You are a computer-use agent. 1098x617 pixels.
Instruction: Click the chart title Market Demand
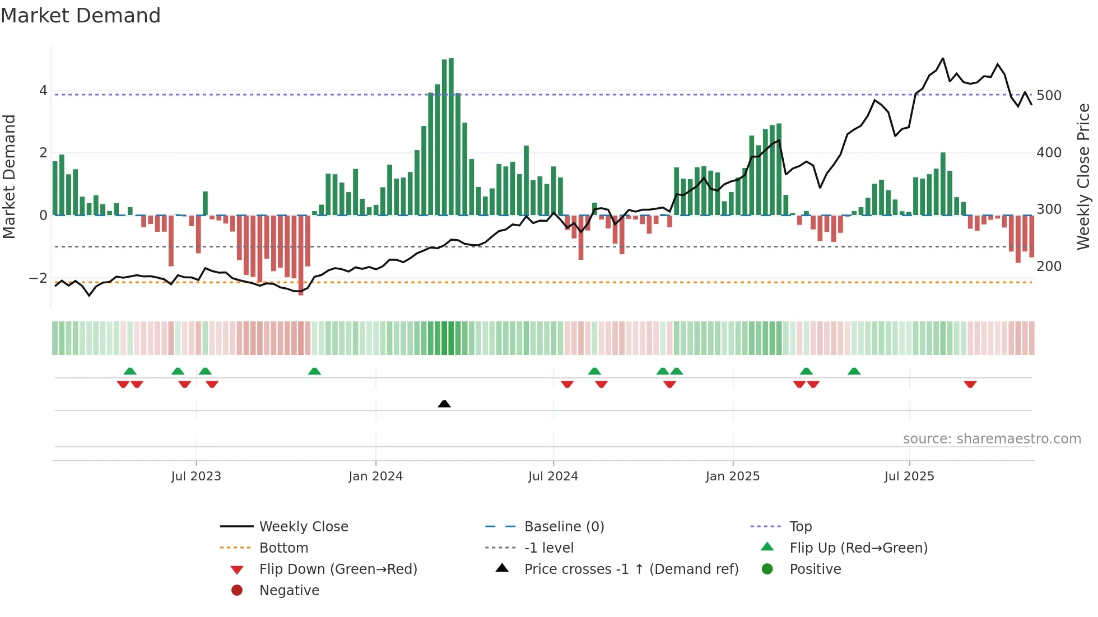81,16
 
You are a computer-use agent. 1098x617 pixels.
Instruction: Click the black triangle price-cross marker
444,404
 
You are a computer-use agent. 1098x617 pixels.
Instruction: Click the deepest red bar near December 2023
301,255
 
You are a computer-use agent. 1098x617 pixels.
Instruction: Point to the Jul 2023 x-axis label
196,476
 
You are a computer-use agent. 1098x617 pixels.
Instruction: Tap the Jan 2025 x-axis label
732,476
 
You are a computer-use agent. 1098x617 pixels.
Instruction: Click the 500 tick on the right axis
1049,96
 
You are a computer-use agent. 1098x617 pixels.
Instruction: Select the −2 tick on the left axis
39,278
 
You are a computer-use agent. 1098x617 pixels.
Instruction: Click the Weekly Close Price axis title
1083,176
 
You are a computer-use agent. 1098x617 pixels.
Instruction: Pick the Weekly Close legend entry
303,527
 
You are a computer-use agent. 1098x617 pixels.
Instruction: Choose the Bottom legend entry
283,548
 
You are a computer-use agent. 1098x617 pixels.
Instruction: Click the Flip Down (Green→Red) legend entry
338,569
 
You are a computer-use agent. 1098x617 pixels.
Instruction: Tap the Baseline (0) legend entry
564,527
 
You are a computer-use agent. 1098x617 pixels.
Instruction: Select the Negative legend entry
289,591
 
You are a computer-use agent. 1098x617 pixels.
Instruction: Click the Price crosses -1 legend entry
631,569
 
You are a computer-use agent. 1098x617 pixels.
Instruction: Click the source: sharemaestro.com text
992,439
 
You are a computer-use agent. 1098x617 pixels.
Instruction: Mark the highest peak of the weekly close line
943,58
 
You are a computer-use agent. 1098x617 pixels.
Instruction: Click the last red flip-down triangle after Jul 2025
970,384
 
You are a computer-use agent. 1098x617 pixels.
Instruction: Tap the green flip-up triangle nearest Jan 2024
314,371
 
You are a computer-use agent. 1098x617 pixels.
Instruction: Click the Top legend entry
800,527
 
